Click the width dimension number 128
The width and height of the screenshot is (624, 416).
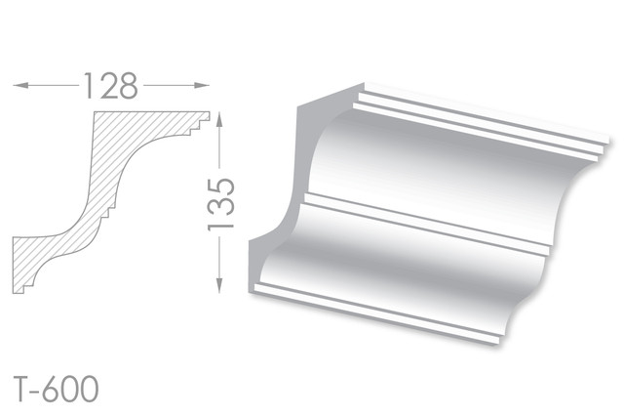point(110,86)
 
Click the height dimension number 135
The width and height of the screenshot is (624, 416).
point(221,204)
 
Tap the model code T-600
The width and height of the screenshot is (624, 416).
point(56,389)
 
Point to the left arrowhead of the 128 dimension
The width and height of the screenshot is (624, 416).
point(20,85)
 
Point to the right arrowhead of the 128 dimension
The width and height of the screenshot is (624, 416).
point(202,85)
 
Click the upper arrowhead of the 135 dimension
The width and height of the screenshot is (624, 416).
point(218,119)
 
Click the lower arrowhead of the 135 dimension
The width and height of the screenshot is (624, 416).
point(218,286)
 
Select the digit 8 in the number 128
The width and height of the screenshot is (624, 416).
point(128,86)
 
